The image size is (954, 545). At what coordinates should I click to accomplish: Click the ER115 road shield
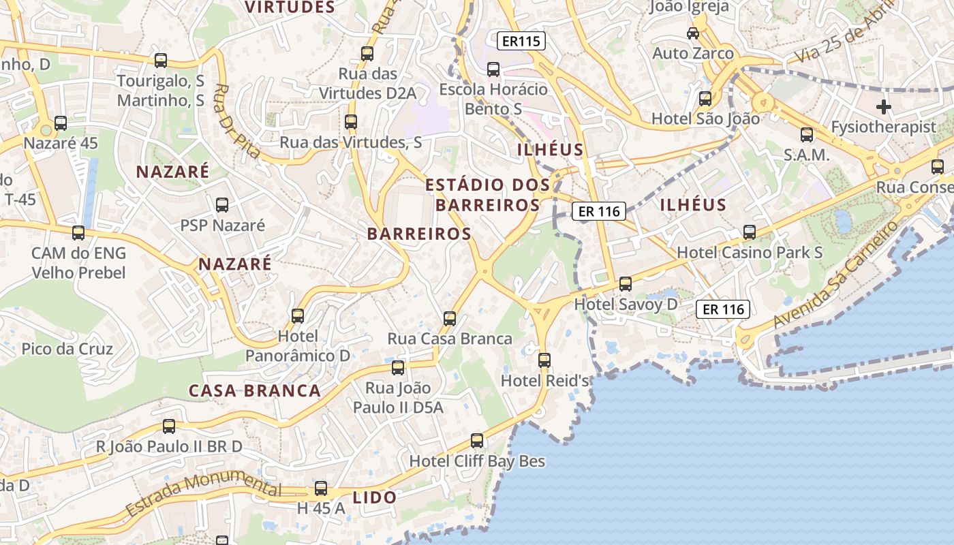point(521,41)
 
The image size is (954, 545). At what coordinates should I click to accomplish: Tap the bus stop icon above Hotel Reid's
point(544,360)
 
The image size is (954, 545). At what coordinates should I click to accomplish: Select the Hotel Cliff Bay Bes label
point(477,461)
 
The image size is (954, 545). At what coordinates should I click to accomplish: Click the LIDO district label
point(375,497)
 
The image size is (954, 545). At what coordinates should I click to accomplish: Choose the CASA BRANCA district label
point(255,390)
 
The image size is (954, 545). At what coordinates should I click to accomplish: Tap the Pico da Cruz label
point(67,349)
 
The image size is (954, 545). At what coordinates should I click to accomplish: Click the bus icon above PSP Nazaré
point(222,204)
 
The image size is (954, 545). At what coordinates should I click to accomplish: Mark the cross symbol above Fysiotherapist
point(884,107)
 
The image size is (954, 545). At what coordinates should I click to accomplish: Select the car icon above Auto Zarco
point(693,33)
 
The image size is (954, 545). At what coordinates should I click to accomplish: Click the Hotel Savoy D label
point(626,304)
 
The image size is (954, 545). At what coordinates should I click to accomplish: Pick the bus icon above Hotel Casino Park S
point(750,232)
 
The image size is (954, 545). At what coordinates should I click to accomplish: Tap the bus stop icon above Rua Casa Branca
point(450,318)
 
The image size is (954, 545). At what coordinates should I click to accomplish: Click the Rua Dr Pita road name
point(236,121)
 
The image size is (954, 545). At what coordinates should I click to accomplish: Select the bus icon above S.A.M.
point(807,134)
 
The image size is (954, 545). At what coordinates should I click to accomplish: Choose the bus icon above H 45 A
point(321,488)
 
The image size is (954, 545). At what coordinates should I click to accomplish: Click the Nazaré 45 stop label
point(61,144)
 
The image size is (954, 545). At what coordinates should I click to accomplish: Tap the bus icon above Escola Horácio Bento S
point(493,69)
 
